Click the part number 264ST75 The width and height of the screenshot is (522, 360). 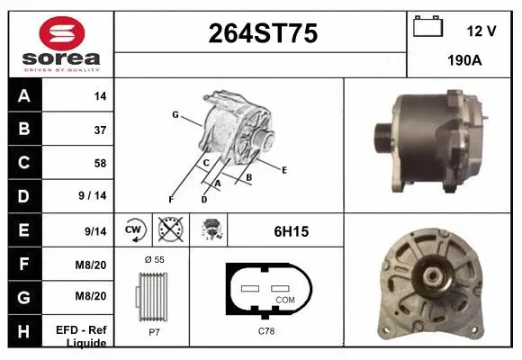coord(262,33)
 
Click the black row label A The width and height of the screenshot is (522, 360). coord(24,95)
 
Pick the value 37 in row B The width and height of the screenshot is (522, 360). coord(99,130)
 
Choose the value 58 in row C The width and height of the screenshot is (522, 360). coord(99,163)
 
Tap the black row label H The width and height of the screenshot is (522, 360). coord(24,331)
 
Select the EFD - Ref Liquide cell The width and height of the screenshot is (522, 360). coord(86,337)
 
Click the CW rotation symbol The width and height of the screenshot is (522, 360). coord(134,230)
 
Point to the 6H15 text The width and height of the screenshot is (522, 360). coord(292,231)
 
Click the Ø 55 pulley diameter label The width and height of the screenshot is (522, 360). coord(154,259)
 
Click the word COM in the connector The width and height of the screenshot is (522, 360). coord(284,299)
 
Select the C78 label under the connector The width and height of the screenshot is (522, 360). coord(266,332)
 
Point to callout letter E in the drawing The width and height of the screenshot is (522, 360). coord(283,169)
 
